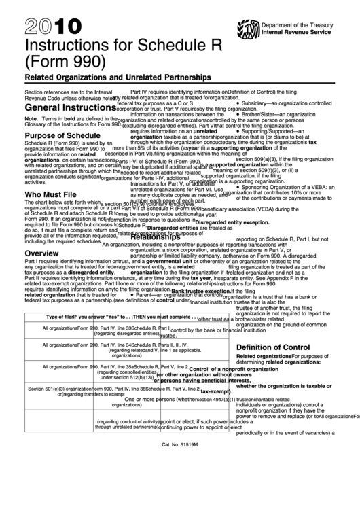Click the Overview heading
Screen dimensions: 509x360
click(x=43, y=252)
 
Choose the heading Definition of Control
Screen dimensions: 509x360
click(x=272, y=347)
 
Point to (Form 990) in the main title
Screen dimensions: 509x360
click(x=65, y=64)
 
